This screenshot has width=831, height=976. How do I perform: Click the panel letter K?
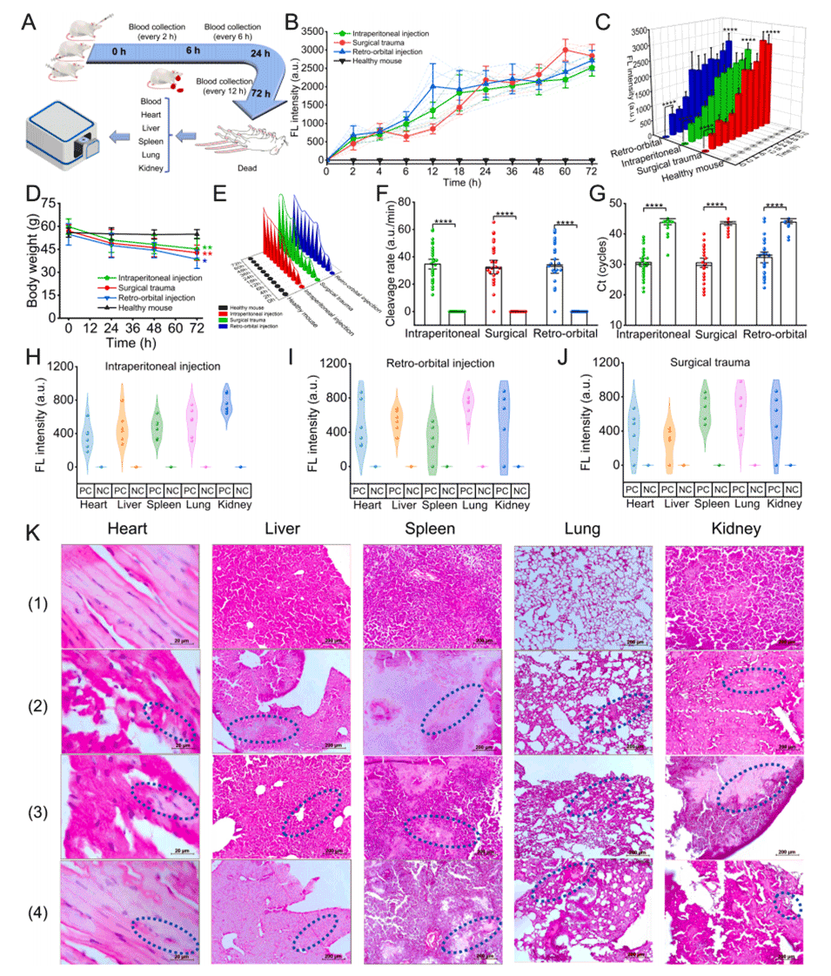(34, 531)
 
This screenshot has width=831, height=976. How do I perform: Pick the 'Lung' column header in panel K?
(581, 528)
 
